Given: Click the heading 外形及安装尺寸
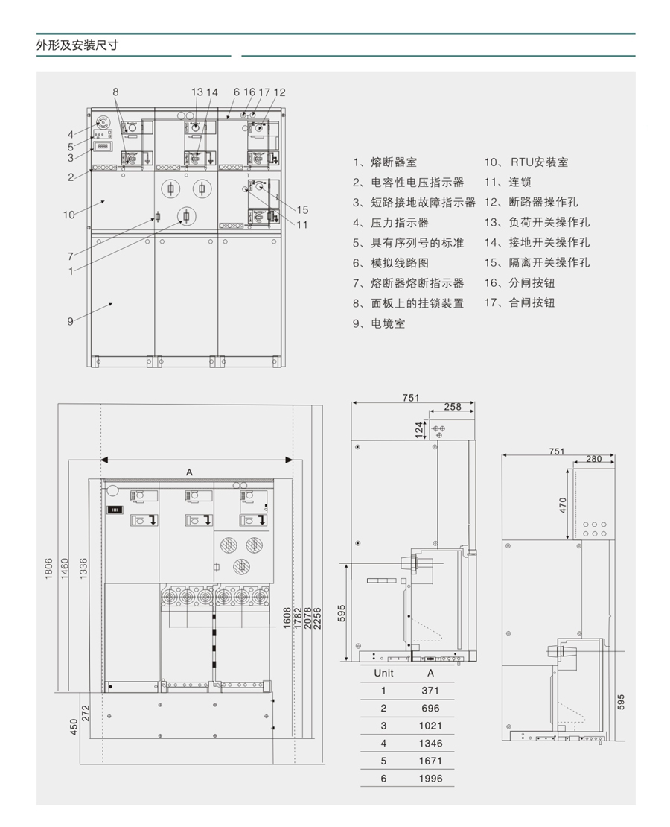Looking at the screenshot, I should tap(77, 45).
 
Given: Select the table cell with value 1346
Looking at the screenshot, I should tap(430, 743).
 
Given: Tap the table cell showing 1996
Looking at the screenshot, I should tap(430, 779).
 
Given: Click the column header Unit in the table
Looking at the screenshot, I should tap(383, 672).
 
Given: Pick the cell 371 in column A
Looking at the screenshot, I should tap(430, 691).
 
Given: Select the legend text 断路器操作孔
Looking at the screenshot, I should tap(543, 203).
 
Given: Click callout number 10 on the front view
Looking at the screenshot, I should tap(68, 215).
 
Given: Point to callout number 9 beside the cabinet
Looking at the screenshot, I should tap(71, 321).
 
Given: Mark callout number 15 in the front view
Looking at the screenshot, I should tap(302, 209).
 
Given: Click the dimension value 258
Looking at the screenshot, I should tap(452, 407).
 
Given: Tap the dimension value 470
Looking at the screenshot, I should tap(564, 504).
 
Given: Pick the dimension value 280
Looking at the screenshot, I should tap(593, 459).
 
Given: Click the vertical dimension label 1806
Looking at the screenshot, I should tap(49, 570).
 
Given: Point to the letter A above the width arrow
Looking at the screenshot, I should tap(190, 472).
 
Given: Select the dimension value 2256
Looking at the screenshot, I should tap(318, 618).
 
